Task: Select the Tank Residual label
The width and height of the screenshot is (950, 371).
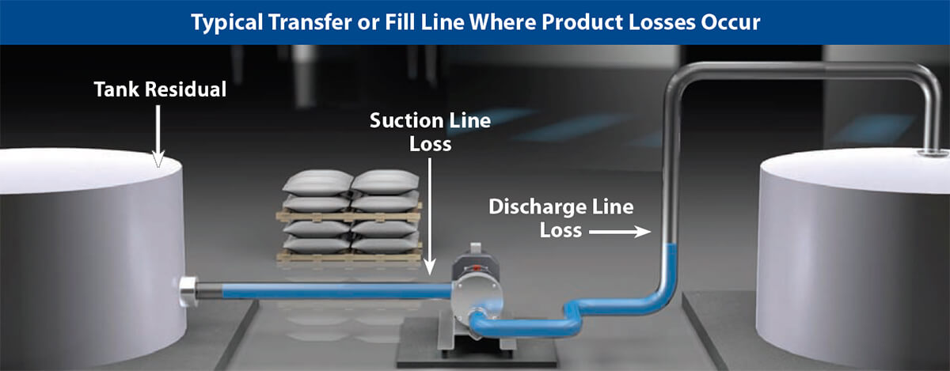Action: [160, 89]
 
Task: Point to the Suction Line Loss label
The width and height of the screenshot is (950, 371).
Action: [430, 132]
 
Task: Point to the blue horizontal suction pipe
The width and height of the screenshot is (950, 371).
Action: [332, 291]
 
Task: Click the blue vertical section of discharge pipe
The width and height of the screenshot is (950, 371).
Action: [671, 265]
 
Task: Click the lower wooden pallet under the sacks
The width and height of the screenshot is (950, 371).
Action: [348, 256]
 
